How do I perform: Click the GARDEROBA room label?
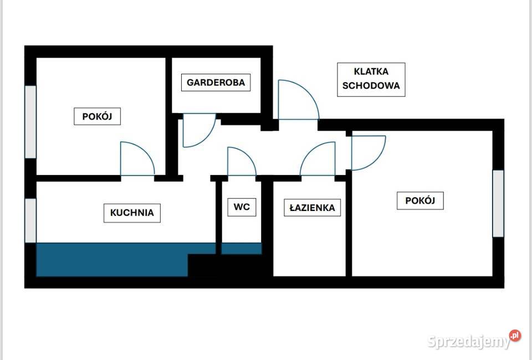pos(216,83)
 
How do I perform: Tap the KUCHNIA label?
pos(132,213)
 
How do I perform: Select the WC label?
pos(242,207)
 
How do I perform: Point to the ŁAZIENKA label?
pos(312,208)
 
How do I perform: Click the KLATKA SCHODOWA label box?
pos(371,80)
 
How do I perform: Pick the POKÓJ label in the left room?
pos(97,116)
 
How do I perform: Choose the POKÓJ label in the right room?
pos(420,200)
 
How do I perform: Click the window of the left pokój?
pos(30,122)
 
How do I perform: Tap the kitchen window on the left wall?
pos(30,220)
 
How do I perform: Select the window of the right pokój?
pos(498,203)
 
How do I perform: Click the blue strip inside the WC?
pos(242,249)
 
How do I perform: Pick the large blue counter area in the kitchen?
pos(112,259)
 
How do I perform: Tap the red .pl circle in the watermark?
pos(515,335)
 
